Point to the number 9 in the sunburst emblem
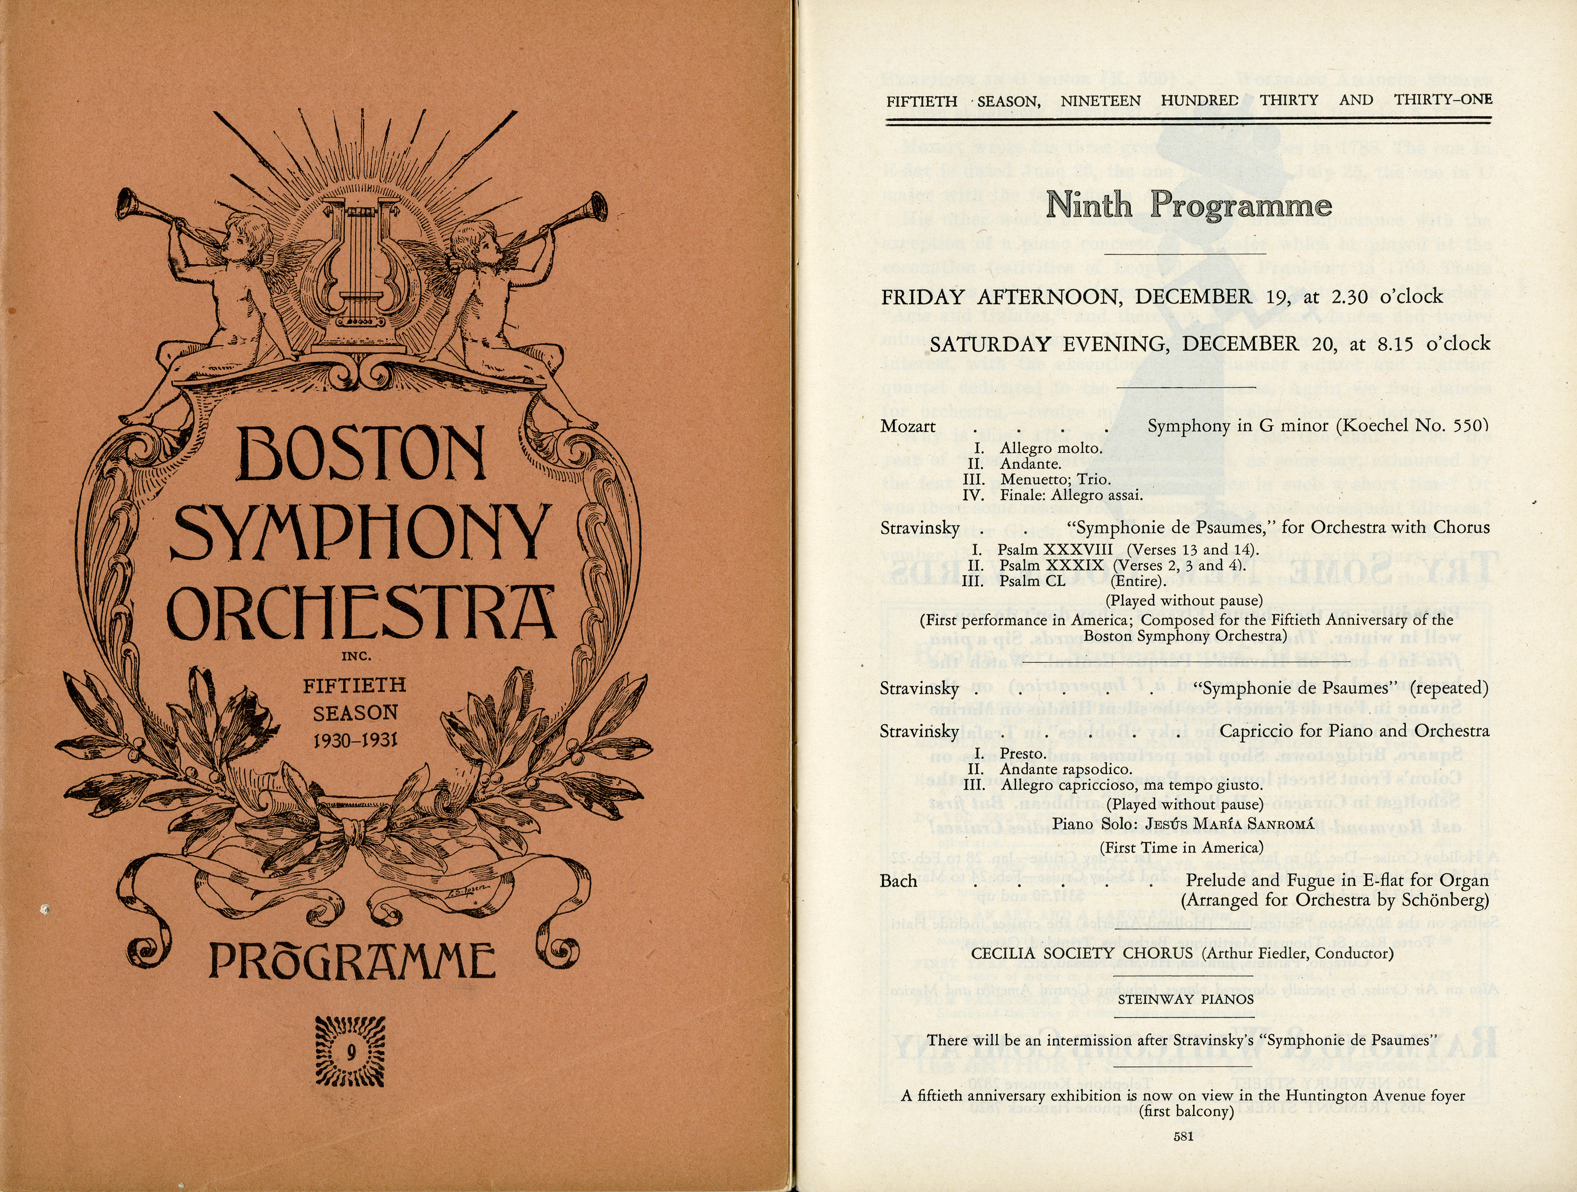click(x=351, y=1052)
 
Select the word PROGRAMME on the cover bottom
click(x=351, y=960)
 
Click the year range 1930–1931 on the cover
click(x=354, y=741)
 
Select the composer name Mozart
click(x=908, y=427)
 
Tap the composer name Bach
click(x=898, y=881)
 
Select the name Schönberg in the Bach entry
click(x=1451, y=900)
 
